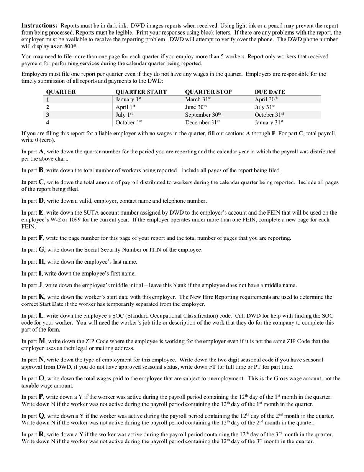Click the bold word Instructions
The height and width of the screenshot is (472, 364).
[x=39, y=25]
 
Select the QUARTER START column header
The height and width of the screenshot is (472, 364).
[x=141, y=92]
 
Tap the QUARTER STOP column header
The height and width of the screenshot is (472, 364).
[x=208, y=92]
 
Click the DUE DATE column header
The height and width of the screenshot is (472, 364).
[x=270, y=92]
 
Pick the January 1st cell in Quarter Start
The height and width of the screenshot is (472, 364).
[x=128, y=100]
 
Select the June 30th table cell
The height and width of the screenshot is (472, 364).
[x=196, y=107]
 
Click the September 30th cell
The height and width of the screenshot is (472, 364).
[x=203, y=115]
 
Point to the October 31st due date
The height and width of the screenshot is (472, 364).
[x=269, y=115]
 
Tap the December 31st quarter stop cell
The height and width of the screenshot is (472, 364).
[x=202, y=123]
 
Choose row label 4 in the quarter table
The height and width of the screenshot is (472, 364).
[x=48, y=123]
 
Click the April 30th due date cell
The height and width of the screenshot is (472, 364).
[x=266, y=100]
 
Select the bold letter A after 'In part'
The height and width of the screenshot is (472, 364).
[x=41, y=152]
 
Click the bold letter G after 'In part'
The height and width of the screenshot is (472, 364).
[x=41, y=250]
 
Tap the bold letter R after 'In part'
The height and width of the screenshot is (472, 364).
[x=41, y=434]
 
